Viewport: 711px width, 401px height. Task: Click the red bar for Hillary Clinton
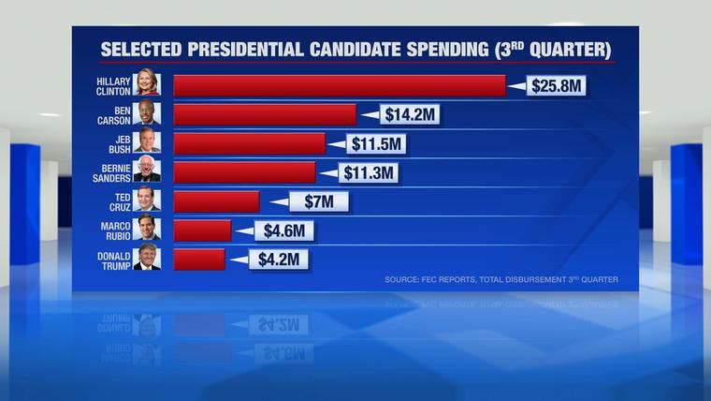click(x=340, y=86)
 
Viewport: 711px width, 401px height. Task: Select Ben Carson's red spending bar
click(x=265, y=114)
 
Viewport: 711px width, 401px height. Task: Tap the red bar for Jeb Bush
click(x=250, y=143)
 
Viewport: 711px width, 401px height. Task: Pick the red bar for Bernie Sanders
click(x=245, y=172)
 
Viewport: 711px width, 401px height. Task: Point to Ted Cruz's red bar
click(x=216, y=201)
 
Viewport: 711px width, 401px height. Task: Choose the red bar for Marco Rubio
click(x=202, y=230)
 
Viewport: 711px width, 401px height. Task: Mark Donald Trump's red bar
click(x=199, y=259)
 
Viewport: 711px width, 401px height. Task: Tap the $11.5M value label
click(x=376, y=144)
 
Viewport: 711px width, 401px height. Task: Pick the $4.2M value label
click(x=276, y=260)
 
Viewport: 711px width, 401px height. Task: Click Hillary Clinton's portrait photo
click(x=147, y=85)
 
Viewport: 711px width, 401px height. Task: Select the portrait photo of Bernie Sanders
click(x=147, y=171)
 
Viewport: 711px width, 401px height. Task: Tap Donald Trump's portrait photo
click(x=147, y=259)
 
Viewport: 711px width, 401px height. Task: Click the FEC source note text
click(x=501, y=279)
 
